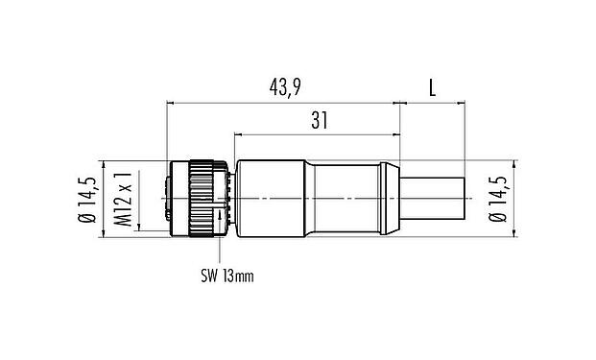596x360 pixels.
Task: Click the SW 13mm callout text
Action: pos(227,277)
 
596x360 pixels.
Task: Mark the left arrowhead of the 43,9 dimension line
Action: pos(171,100)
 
